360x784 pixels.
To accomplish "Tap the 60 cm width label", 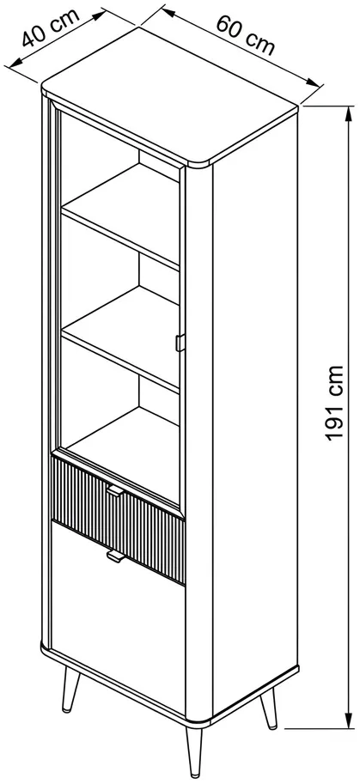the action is pyautogui.click(x=246, y=35).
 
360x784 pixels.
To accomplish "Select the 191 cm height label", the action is pyautogui.click(x=334, y=403).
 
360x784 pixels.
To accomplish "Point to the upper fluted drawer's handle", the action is pyautogui.click(x=114, y=491).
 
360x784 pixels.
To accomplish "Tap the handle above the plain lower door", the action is pyautogui.click(x=114, y=556).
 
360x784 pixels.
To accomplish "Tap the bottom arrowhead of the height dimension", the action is pyautogui.click(x=347, y=720).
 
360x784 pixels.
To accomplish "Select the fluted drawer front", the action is pyautogui.click(x=118, y=520).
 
